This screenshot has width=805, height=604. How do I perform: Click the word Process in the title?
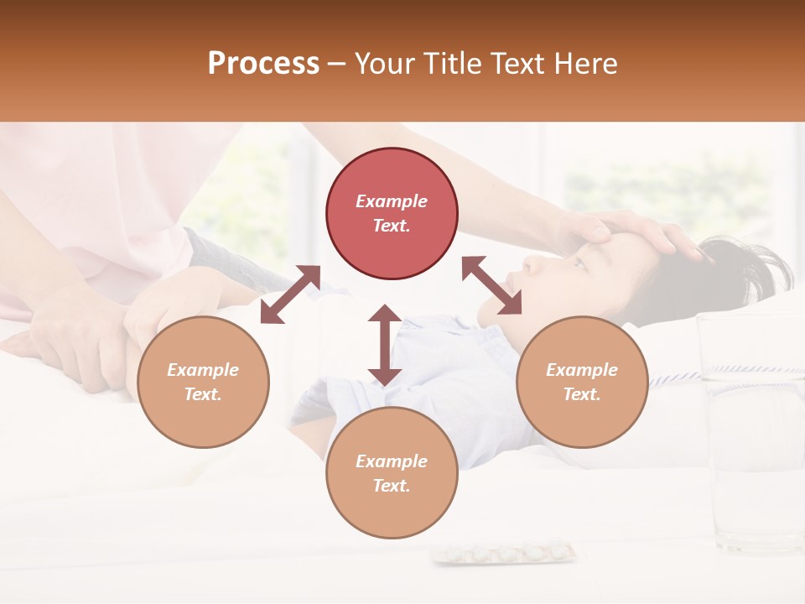point(263,64)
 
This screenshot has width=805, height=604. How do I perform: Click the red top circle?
point(392,214)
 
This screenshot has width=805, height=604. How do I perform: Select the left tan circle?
point(203,383)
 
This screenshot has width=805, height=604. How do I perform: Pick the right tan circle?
point(582,383)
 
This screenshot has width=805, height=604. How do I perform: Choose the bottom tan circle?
point(392,473)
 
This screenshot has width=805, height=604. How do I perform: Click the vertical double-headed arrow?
point(385,345)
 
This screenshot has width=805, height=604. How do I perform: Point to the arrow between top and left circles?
point(290,294)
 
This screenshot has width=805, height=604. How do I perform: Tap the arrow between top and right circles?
point(492,285)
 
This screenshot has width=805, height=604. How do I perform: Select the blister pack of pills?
point(504,553)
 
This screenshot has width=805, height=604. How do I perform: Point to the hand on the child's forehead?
point(621,230)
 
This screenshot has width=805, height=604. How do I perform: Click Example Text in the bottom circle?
point(392,473)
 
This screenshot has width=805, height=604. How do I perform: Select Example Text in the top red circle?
point(392,213)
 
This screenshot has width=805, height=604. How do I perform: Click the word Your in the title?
point(384,64)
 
